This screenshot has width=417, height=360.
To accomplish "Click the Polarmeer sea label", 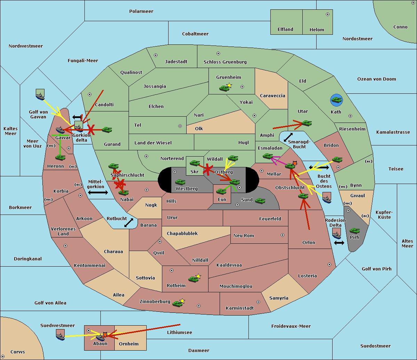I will [x=141, y=11].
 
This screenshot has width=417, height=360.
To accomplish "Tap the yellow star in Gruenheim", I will [x=229, y=85].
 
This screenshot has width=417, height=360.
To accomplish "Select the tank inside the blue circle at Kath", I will [x=336, y=100].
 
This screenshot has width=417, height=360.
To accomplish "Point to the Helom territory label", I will [x=317, y=30].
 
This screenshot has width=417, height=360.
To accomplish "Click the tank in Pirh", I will [x=354, y=231].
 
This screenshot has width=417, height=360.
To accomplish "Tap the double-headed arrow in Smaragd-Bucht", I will [x=288, y=137].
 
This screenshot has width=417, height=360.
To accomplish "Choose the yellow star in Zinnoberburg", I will [x=182, y=301].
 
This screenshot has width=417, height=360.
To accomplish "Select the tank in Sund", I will [x=260, y=201].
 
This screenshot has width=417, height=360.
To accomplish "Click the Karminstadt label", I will [x=240, y=308].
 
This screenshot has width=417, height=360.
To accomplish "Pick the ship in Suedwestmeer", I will [x=60, y=335].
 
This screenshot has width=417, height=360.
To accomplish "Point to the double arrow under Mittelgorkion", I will [x=98, y=193].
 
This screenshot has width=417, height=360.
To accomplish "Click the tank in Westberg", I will [x=180, y=182].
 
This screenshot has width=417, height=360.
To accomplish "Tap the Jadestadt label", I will [x=176, y=62].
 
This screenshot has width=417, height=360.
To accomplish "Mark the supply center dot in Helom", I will [x=327, y=14].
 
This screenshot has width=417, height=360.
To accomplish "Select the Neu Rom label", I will [x=244, y=236].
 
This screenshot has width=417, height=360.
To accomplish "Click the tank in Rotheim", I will [x=193, y=279].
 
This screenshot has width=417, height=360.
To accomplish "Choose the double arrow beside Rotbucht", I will [x=129, y=223].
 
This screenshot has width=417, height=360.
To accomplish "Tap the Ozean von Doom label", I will [x=376, y=79].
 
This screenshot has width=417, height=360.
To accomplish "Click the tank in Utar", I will [x=306, y=123].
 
